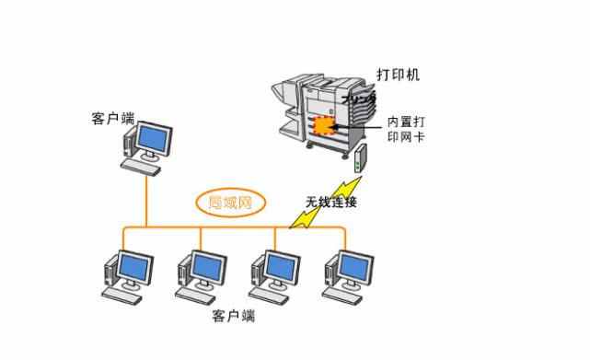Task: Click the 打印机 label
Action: point(398,75)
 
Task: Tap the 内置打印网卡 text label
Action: point(406,129)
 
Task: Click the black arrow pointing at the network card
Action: point(354,125)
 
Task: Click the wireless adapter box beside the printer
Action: point(361,159)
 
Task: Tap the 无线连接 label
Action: point(330,202)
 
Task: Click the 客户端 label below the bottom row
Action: point(233,316)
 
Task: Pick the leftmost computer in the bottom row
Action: point(126,273)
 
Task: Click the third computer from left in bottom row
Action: point(275,273)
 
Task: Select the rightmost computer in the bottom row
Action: point(348,273)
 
